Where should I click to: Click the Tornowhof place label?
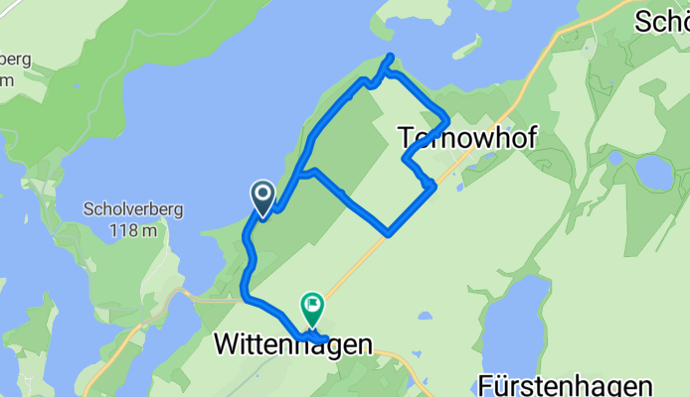pos(467,138)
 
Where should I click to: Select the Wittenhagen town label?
pos(293,345)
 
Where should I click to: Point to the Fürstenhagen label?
pos(565,384)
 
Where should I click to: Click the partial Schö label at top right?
pos(661,21)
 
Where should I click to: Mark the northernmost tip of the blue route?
pos(390,56)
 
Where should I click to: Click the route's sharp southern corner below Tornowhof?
pos(389,234)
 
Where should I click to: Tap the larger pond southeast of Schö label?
pos(654,173)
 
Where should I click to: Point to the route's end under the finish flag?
pos(325,340)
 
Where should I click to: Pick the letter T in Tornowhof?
pos(407,138)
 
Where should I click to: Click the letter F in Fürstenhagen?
pos(486,384)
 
